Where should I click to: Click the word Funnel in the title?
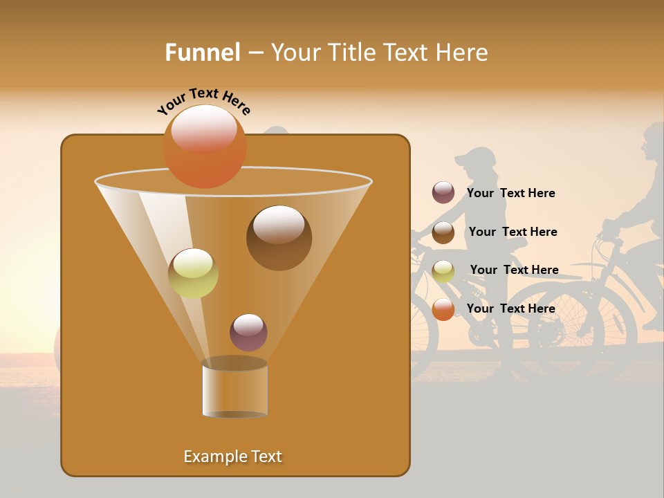(x=202, y=53)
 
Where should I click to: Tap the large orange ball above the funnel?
(x=204, y=146)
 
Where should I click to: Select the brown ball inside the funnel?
(x=279, y=237)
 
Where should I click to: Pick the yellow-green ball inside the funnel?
(x=193, y=273)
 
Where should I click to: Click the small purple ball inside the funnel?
(x=248, y=332)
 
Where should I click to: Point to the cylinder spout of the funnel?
(x=234, y=389)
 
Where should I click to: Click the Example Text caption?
(x=232, y=456)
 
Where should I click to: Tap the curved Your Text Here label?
(x=203, y=101)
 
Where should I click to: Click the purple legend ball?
(x=443, y=193)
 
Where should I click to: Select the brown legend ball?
(x=443, y=232)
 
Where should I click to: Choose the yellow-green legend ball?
(x=443, y=270)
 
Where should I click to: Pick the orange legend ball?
(x=443, y=309)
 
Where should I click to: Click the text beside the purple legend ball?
(x=510, y=193)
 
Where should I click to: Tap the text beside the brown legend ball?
(x=513, y=232)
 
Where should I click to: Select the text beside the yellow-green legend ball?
(x=514, y=270)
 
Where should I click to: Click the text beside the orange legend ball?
(x=510, y=308)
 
